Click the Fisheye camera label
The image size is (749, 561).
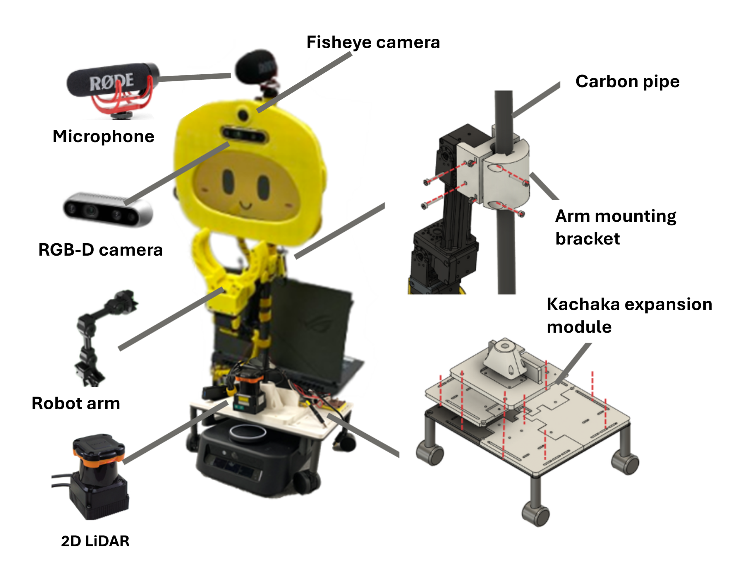(x=373, y=42)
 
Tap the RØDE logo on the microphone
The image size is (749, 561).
(x=111, y=82)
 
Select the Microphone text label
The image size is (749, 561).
(x=103, y=136)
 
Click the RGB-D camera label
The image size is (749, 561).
(x=101, y=250)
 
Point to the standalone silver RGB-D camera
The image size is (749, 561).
(x=108, y=209)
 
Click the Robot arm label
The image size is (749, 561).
(x=76, y=403)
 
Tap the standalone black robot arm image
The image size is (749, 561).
(x=98, y=335)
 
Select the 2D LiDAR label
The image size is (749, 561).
(x=95, y=541)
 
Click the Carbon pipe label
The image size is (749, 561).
(x=627, y=81)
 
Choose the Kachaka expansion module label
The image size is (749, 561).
(x=629, y=315)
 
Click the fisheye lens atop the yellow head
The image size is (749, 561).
(x=243, y=114)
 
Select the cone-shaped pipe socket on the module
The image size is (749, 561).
(x=504, y=359)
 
